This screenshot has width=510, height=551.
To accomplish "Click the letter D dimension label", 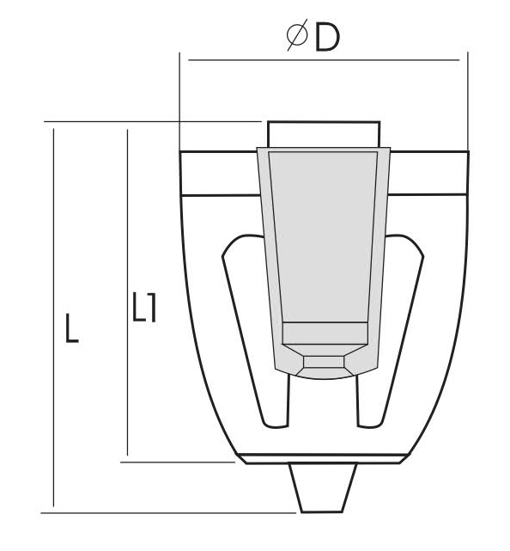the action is coord(327,37).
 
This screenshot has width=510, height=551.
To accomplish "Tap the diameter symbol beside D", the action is coord(297,34).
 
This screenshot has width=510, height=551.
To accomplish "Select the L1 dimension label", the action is coord(144,307).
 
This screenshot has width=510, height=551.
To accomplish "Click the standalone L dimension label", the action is coord(71,328).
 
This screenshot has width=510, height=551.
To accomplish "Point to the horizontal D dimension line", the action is coord(324,60).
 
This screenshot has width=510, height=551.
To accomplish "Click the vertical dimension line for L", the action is coord(53,318).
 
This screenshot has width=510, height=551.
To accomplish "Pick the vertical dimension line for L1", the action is coord(127,292).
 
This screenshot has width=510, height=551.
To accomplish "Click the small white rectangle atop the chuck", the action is coord(324,135).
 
